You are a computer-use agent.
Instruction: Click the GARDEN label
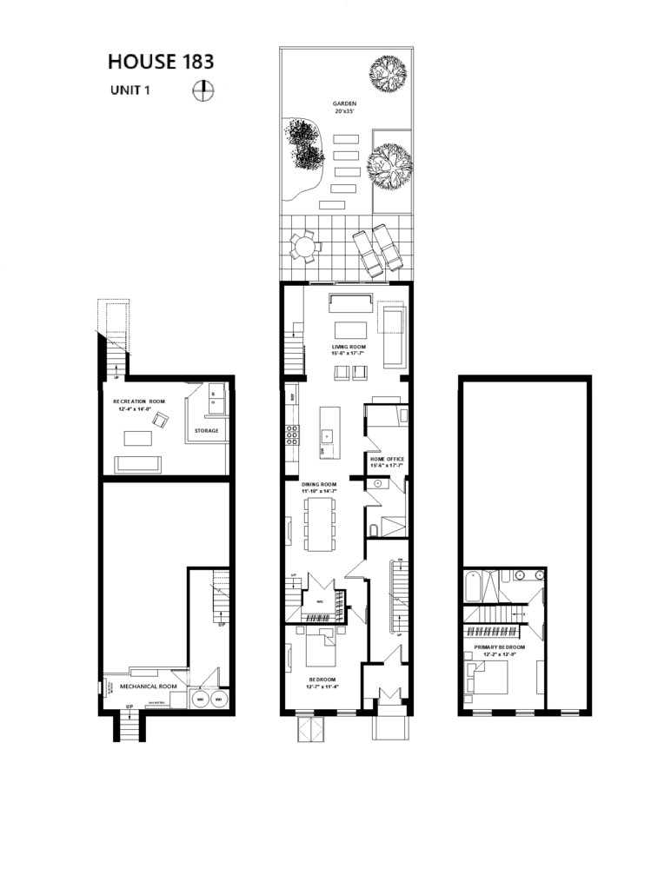[x=344, y=103]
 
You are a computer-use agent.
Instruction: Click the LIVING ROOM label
[x=345, y=346]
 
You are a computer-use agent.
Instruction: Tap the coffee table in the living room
[x=351, y=329]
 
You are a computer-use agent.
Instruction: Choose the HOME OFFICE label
[x=387, y=459]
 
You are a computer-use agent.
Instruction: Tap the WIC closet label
[x=320, y=601]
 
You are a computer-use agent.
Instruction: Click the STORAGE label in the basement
[x=206, y=431]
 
